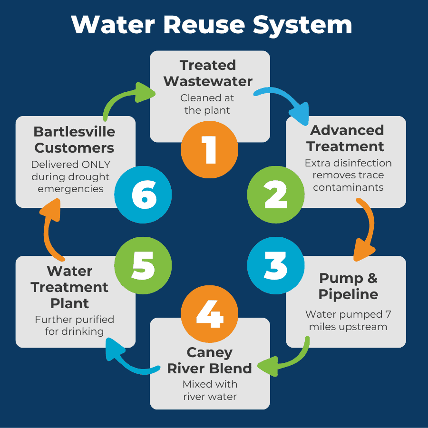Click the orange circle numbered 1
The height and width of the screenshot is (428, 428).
209,150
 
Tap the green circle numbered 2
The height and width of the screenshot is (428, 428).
276,195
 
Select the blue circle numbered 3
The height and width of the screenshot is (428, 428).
276,265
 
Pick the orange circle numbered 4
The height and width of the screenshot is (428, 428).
209,314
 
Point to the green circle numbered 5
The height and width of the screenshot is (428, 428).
143,265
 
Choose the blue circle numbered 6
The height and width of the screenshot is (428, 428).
143,195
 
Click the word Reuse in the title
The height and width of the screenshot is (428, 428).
204,25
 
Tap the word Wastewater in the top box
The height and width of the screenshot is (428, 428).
208,81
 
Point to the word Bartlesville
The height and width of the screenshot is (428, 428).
74,132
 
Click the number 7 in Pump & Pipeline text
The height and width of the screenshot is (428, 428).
388,314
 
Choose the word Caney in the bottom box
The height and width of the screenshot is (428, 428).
210,352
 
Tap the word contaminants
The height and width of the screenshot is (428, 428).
348,187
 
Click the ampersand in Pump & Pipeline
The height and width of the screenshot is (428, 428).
372,278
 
